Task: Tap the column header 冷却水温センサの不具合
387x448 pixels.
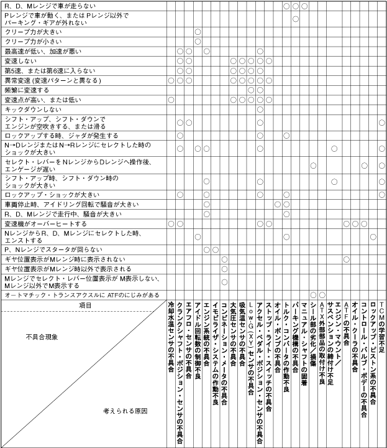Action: (171, 336)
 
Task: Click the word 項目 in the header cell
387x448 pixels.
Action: (85, 306)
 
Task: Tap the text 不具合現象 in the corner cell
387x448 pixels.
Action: (43, 337)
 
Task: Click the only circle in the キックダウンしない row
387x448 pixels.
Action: (260, 110)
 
